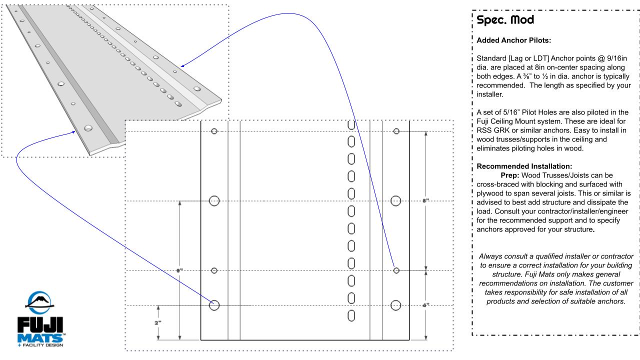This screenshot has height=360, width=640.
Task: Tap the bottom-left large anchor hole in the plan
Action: click(214, 305)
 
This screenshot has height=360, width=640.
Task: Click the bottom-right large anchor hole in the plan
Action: click(396, 304)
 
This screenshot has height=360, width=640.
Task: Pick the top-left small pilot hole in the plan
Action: click(214, 131)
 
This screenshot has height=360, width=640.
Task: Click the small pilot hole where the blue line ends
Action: click(396, 270)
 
